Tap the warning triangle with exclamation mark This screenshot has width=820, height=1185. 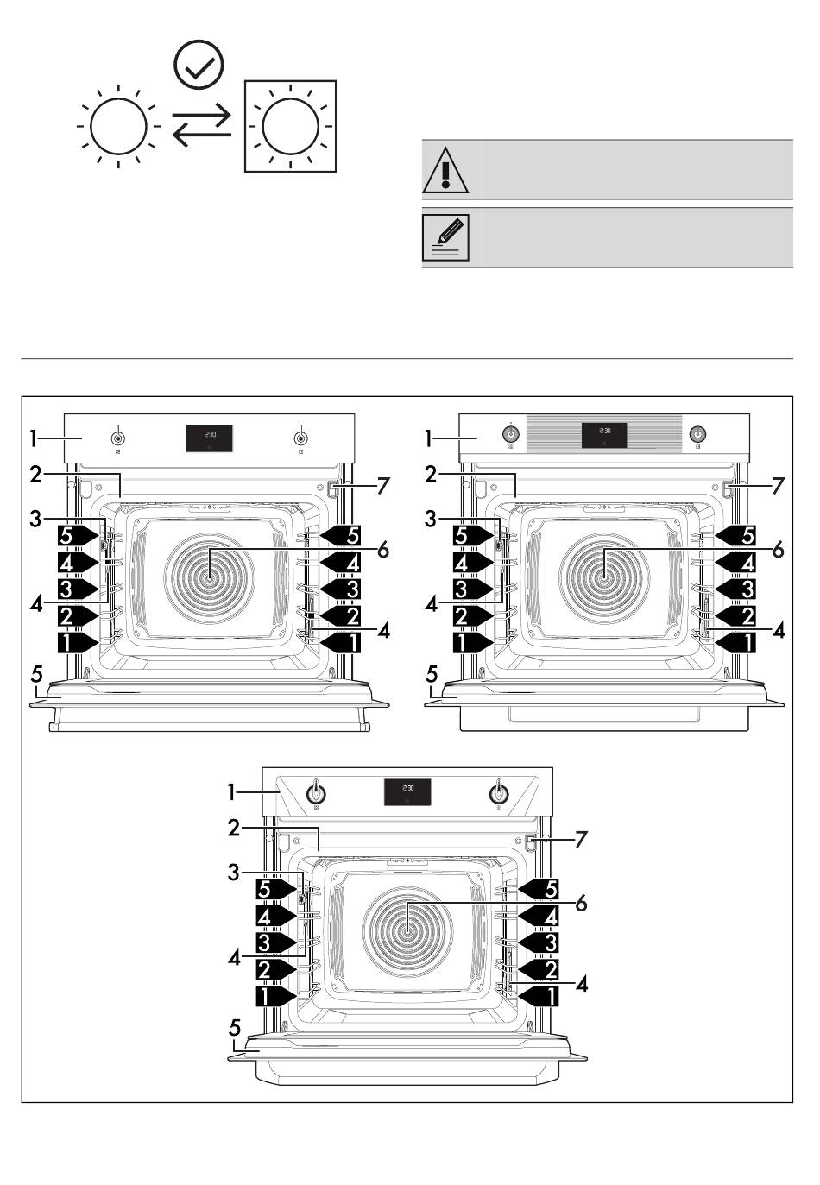pos(445,170)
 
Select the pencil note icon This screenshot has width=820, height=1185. pos(445,237)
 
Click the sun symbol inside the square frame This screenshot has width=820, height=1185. pos(291,127)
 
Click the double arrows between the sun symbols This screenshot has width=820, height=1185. pos(202,127)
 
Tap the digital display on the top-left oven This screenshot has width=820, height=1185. pos(209,438)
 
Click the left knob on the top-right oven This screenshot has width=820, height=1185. pos(511,434)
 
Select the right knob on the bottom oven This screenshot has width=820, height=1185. pos(497,791)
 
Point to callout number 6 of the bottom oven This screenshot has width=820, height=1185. pos(581,903)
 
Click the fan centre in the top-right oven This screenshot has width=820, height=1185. pos(604,572)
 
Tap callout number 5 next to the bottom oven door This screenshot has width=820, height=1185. pos(235,1028)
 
